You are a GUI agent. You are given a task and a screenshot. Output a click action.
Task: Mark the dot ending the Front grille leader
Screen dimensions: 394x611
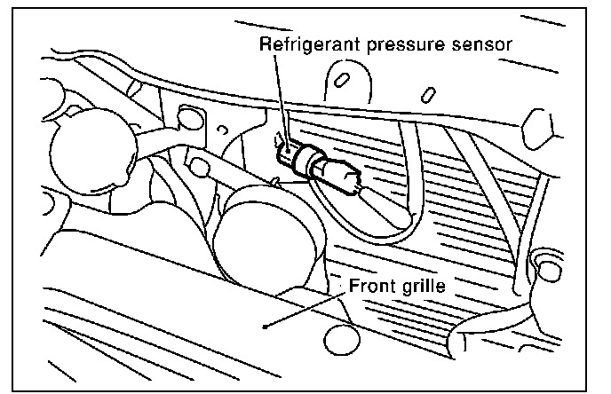[265, 327]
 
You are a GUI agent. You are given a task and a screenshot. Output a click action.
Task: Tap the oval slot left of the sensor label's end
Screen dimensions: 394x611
[339, 80]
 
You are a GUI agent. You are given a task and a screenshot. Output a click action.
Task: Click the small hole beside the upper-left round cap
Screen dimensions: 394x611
[186, 116]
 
